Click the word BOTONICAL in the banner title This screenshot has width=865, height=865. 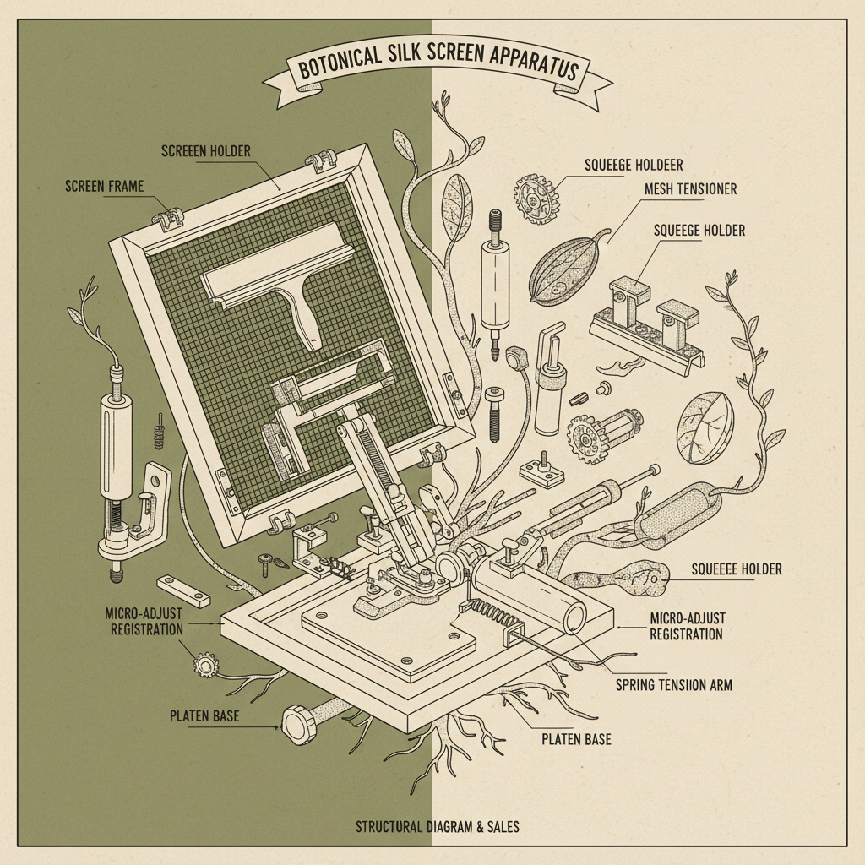click(x=339, y=63)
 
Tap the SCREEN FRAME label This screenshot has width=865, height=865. click(x=104, y=187)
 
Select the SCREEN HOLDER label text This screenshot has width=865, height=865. click(x=206, y=151)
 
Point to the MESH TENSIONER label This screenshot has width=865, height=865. click(x=691, y=189)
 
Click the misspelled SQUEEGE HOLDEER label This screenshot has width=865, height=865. click(x=634, y=165)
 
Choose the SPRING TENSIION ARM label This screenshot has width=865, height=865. click(x=674, y=685)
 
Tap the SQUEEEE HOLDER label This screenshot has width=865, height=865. click(x=737, y=569)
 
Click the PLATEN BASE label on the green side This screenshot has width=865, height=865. click(x=204, y=716)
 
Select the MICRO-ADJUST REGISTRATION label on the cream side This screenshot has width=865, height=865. click(x=687, y=626)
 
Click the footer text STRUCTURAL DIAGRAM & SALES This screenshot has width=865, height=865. click(x=438, y=827)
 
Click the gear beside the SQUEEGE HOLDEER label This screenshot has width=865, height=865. click(x=536, y=199)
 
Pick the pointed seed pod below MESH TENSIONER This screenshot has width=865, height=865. click(x=569, y=269)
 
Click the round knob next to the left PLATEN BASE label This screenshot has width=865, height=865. click(x=300, y=725)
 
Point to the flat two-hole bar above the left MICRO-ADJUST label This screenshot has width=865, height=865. click(x=183, y=590)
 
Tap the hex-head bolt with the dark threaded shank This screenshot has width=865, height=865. click(x=494, y=414)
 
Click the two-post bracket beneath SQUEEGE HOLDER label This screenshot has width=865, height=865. click(x=646, y=321)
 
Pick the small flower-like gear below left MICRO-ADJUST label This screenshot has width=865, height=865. click(x=205, y=665)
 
